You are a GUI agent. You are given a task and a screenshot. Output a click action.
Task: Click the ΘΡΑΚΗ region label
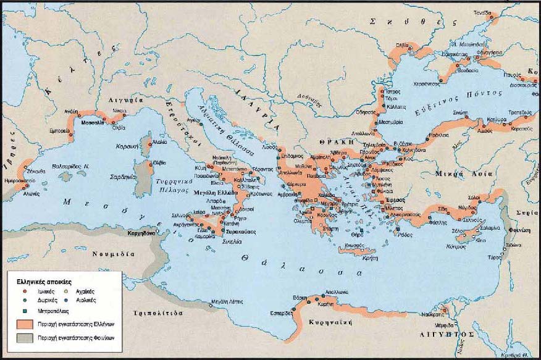(x=332, y=141)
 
